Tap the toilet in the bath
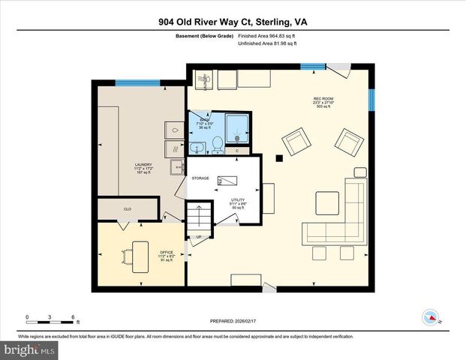(218, 142)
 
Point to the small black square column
(279, 157)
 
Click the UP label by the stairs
(199, 238)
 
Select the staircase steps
(200, 219)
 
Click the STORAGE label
(200, 178)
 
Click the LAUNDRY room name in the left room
(143, 164)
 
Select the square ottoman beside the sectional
(326, 203)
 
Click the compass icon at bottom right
(431, 316)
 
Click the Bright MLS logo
(29, 349)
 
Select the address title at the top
(233, 22)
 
